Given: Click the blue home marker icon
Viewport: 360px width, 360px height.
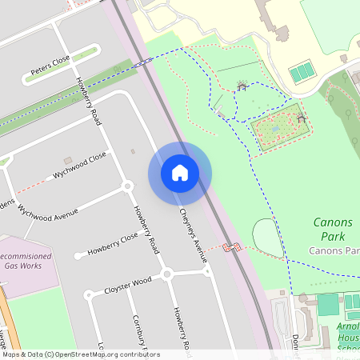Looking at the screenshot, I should [x=180, y=173].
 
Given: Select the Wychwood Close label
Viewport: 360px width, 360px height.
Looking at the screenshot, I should [x=79, y=164].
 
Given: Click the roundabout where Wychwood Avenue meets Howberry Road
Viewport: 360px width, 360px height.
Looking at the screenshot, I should [x=126, y=186].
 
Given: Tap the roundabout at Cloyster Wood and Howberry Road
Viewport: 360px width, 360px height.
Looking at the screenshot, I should [x=167, y=274].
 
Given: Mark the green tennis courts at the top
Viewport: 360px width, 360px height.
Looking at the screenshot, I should [x=302, y=74].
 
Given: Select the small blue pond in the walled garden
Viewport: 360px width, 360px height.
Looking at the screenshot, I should [x=276, y=126].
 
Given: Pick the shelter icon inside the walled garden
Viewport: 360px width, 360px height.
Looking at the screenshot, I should [x=301, y=118].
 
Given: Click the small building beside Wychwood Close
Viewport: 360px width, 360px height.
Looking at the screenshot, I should [x=68, y=161].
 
